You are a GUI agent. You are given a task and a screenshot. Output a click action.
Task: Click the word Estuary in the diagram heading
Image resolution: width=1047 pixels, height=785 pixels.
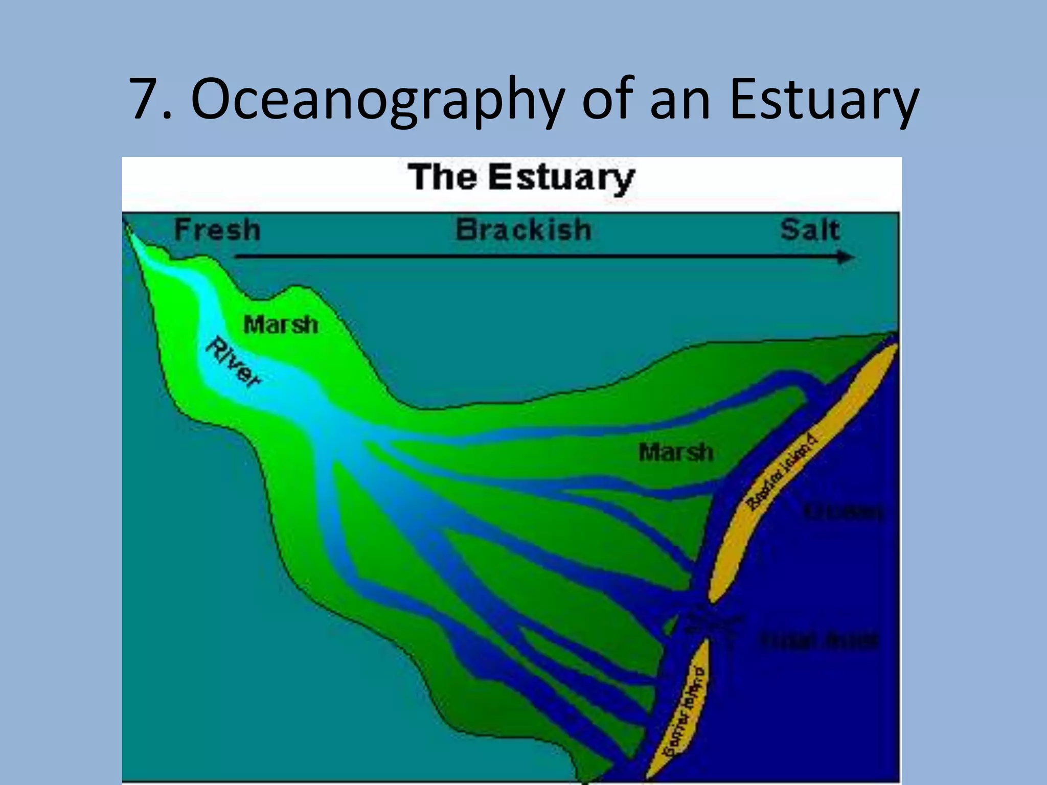click(561, 177)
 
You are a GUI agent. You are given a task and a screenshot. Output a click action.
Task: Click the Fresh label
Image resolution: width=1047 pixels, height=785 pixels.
click(217, 229)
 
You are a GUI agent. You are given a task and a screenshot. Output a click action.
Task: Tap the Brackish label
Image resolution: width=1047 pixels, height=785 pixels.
click(523, 229)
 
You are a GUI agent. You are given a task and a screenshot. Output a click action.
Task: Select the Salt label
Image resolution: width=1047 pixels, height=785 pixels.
click(810, 229)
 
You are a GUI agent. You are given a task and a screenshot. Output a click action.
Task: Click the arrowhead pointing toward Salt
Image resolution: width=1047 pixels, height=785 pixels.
click(846, 257)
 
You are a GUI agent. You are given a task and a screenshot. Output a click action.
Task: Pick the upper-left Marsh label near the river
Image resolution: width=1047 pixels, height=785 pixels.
click(281, 325)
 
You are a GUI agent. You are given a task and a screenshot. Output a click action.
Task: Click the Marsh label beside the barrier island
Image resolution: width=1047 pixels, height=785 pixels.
click(675, 452)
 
